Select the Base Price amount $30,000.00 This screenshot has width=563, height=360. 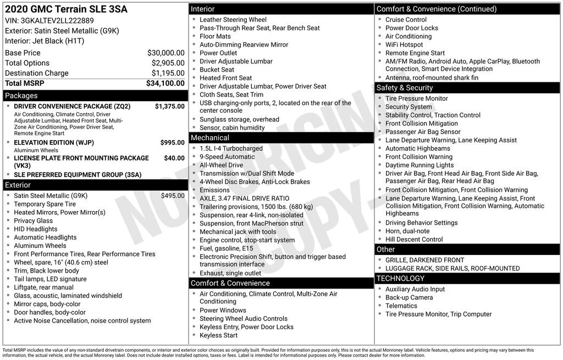coord(165,53)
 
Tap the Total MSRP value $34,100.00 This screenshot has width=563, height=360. coord(165,83)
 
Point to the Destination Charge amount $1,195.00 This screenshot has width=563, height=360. coord(168,73)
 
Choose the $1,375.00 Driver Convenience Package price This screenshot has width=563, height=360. coord(169,107)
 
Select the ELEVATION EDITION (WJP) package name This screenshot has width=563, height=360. coord(54,143)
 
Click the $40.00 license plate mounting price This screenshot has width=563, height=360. coord(174,158)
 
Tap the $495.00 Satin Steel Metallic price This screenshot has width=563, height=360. coord(173,196)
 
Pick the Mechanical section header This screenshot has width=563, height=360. coord(209,137)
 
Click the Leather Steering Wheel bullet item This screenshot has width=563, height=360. coord(233,20)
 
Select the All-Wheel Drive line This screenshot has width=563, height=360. coord(221,165)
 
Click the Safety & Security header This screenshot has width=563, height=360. coord(404,87)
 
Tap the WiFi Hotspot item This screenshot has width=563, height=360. coord(404,45)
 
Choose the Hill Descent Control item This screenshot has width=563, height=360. coord(414,240)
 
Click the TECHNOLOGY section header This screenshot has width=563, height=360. coord(401,279)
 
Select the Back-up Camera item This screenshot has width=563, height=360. coord(409,297)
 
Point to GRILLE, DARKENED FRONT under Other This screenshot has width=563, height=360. coord(424,260)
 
